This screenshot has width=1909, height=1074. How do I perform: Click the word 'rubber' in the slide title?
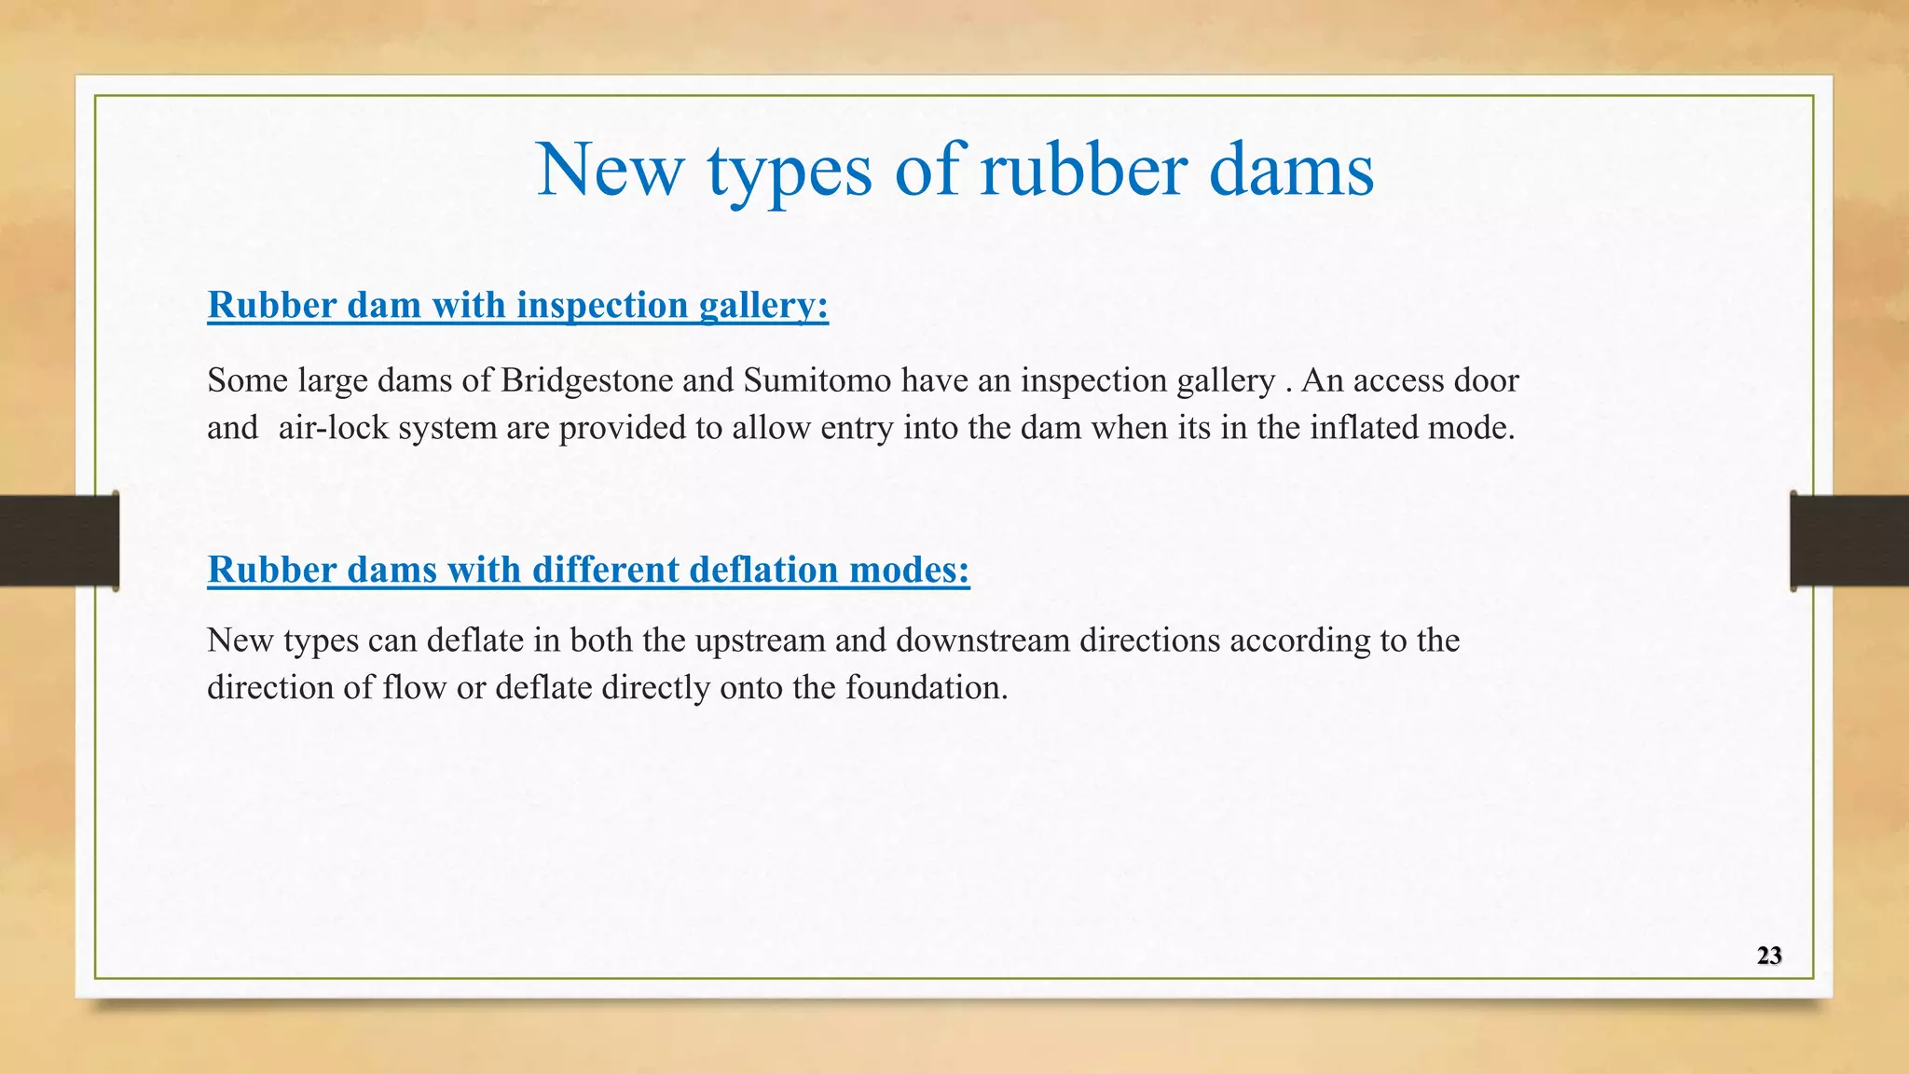1083,170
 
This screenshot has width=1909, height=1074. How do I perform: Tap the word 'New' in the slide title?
611,170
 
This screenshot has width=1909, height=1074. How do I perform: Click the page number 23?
1769,956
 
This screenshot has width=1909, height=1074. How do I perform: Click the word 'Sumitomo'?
817,380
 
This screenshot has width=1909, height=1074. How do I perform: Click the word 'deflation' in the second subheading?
763,570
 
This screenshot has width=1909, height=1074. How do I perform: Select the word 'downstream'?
982,640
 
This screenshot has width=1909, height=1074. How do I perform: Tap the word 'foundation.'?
927,688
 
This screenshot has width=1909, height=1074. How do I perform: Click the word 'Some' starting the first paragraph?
247,380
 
